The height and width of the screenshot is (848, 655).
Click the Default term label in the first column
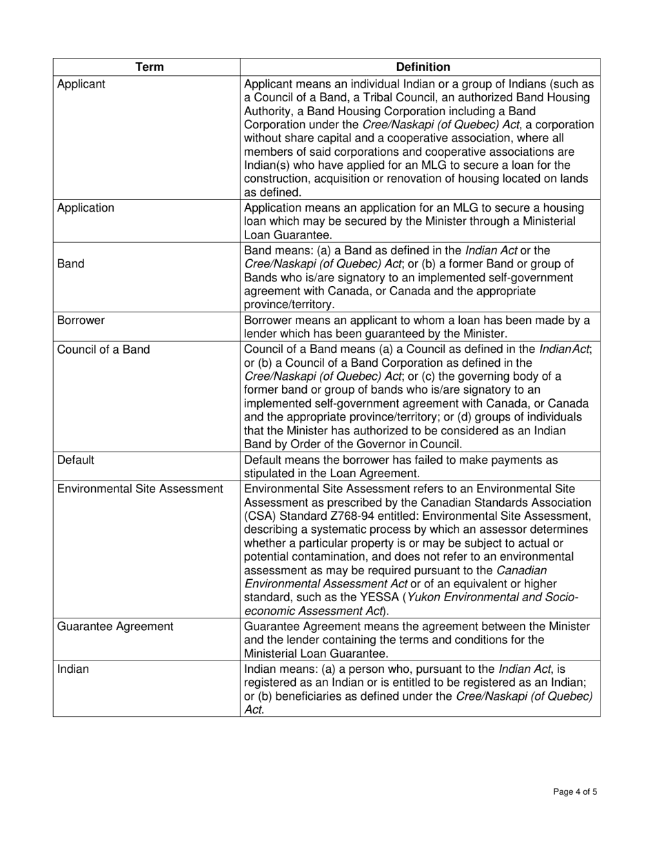click(75, 460)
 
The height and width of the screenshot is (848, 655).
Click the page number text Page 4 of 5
click(575, 792)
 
